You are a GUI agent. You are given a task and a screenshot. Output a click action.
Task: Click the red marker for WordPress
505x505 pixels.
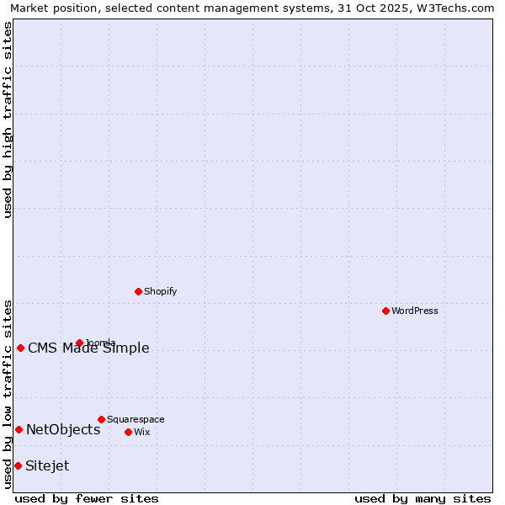[x=385, y=311]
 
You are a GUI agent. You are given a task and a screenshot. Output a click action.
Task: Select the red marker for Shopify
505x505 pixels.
[x=138, y=291]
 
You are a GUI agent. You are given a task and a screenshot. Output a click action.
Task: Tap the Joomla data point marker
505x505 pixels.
[x=79, y=343]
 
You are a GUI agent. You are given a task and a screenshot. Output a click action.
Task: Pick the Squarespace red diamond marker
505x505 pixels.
[x=101, y=419]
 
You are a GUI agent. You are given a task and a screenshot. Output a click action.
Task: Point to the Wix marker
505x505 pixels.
[x=128, y=432]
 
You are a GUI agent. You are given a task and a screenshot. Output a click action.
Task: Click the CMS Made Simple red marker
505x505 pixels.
[x=20, y=348]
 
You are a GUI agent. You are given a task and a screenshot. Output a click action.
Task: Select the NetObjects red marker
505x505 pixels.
[x=19, y=429]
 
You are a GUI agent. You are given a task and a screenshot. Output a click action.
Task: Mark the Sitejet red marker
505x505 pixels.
[x=18, y=465]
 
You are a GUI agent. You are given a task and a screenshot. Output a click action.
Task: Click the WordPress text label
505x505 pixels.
[x=415, y=311]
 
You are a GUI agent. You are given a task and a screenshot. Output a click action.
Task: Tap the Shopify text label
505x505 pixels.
[x=161, y=291]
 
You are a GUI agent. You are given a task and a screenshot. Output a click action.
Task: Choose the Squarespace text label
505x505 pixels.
[x=136, y=419]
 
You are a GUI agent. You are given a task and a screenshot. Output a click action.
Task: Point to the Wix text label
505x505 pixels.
[x=141, y=432]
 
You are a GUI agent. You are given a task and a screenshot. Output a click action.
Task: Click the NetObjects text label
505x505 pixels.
[x=63, y=429]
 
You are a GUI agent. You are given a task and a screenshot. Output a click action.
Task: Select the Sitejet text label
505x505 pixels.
[x=47, y=465]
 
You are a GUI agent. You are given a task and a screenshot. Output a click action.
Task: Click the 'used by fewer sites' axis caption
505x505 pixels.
[x=88, y=498]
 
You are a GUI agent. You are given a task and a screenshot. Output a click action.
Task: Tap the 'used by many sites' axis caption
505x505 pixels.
[x=423, y=498]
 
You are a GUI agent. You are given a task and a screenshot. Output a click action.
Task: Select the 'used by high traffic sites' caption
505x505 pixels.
[x=8, y=119]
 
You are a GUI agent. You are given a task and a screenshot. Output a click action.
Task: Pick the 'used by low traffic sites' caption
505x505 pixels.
[x=8, y=393]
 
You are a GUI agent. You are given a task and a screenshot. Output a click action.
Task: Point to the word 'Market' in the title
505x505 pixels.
[x=29, y=8]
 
